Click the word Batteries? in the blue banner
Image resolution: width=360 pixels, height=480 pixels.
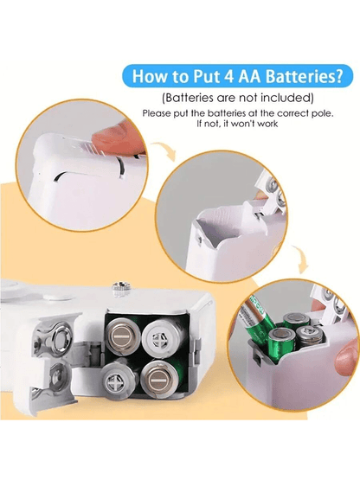coord(304,76)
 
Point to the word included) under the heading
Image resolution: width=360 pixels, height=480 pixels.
coord(287,98)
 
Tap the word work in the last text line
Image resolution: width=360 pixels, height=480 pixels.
coord(268,124)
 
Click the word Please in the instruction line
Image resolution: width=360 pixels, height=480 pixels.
coord(157,113)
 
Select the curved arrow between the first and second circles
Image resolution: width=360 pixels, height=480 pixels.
coord(165,149)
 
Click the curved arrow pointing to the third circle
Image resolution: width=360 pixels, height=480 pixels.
coord(300,258)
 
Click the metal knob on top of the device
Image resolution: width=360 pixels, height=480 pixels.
coord(120,288)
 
